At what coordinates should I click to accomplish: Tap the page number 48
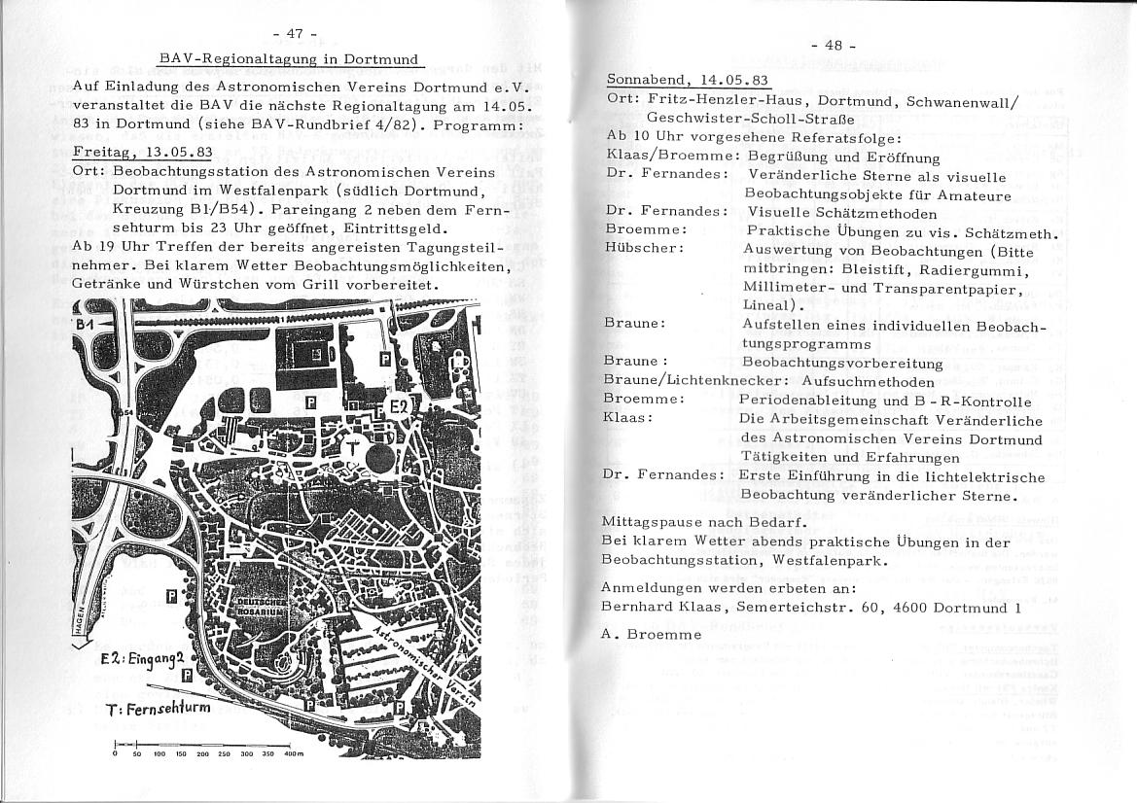[x=834, y=46]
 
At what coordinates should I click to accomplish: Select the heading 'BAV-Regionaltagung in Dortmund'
[x=289, y=60]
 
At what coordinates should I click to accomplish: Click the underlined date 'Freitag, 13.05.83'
[x=142, y=153]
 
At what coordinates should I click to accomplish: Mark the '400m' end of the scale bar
[x=294, y=753]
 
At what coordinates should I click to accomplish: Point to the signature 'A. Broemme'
[x=651, y=634]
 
